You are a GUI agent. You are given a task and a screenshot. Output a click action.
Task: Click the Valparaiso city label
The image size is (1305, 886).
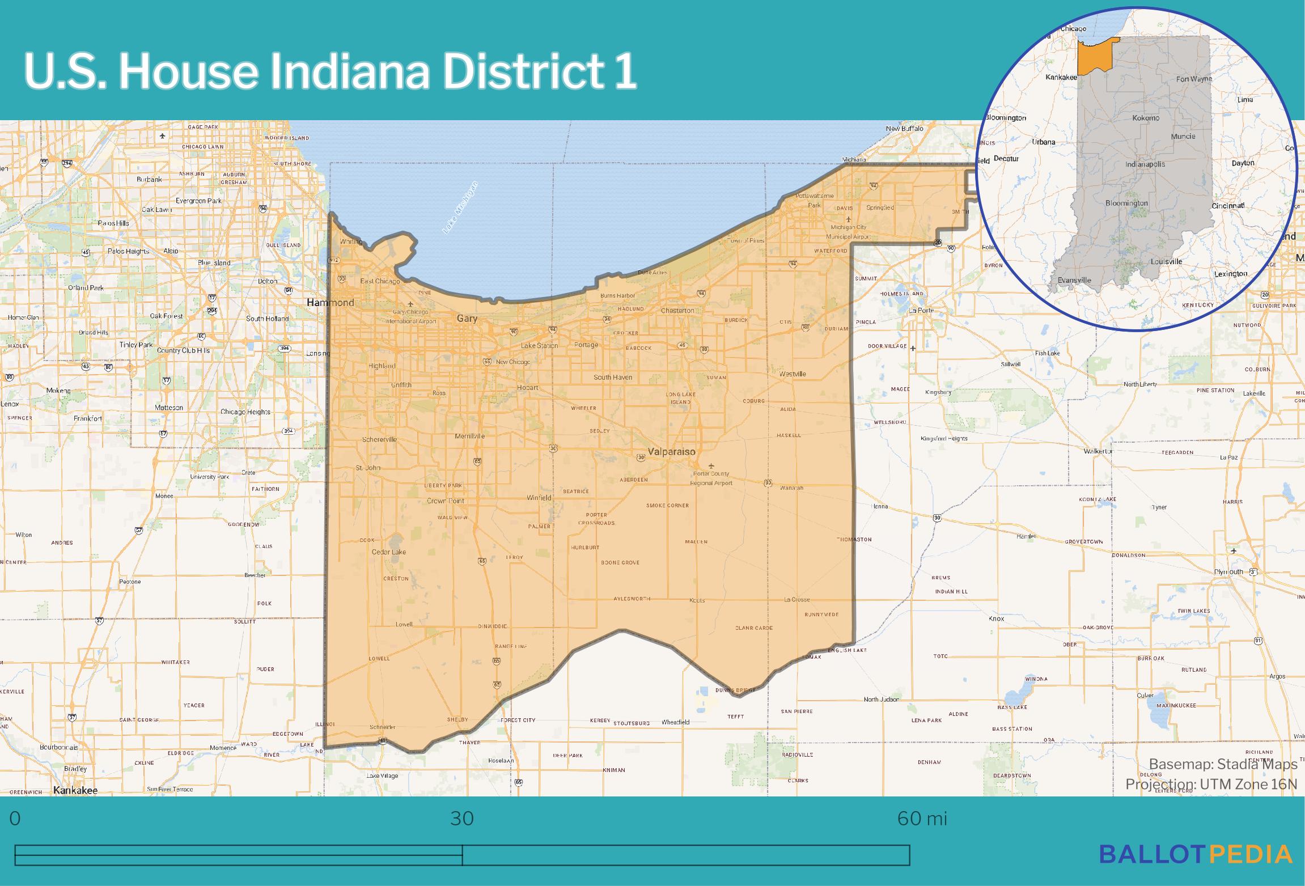pyautogui.click(x=671, y=452)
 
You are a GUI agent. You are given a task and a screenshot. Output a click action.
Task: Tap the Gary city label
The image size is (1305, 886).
pyautogui.click(x=467, y=319)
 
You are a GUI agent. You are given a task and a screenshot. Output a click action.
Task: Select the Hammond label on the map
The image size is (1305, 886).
pyautogui.click(x=330, y=303)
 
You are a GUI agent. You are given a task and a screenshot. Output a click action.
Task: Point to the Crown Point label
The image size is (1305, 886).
pyautogui.click(x=445, y=501)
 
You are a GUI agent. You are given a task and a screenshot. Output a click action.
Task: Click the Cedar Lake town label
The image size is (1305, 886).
pyautogui.click(x=388, y=552)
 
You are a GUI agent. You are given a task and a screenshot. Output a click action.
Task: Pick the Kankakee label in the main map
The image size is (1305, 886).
pyautogui.click(x=75, y=790)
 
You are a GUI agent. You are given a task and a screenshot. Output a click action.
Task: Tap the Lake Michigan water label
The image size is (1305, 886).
pyautogui.click(x=460, y=208)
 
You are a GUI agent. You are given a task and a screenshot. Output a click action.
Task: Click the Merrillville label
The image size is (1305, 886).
pyautogui.click(x=469, y=436)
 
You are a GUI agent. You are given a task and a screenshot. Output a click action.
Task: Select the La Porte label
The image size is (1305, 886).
pyautogui.click(x=921, y=311)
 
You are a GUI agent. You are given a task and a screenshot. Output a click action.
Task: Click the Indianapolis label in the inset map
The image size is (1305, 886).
pyautogui.click(x=1145, y=164)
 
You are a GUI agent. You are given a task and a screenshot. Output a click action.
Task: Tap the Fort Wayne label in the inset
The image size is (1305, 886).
pyautogui.click(x=1194, y=79)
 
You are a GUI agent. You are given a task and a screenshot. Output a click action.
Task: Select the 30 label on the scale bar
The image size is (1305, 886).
pyautogui.click(x=462, y=819)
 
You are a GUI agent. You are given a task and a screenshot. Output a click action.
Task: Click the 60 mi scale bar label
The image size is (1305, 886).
pyautogui.click(x=922, y=819)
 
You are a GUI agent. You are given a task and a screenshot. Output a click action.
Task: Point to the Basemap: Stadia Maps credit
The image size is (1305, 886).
pyautogui.click(x=1223, y=764)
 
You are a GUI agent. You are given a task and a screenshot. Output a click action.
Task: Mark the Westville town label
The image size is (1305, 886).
pyautogui.click(x=792, y=374)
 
